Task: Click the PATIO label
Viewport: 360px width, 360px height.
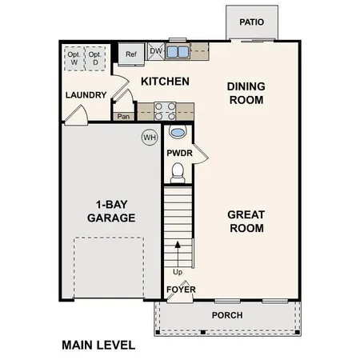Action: click(252, 22)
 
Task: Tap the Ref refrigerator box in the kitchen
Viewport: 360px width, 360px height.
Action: click(130, 54)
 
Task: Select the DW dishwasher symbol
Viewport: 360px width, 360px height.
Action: click(156, 52)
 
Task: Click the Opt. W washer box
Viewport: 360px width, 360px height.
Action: click(74, 58)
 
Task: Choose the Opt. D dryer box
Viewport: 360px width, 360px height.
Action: click(94, 58)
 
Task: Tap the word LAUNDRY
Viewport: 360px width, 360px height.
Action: click(86, 95)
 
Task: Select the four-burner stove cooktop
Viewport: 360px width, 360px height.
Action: click(164, 110)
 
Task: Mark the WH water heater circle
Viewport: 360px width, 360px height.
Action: click(149, 138)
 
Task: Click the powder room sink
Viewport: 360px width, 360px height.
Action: click(178, 132)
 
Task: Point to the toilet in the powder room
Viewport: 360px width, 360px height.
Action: click(178, 170)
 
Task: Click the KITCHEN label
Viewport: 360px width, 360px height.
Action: click(165, 82)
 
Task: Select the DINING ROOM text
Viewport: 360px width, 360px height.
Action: click(246, 93)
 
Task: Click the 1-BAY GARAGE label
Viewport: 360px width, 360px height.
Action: click(112, 210)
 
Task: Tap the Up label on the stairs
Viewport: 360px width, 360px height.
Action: click(177, 271)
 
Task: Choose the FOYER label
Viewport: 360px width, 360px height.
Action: click(181, 289)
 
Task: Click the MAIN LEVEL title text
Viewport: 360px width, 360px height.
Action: click(98, 346)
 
